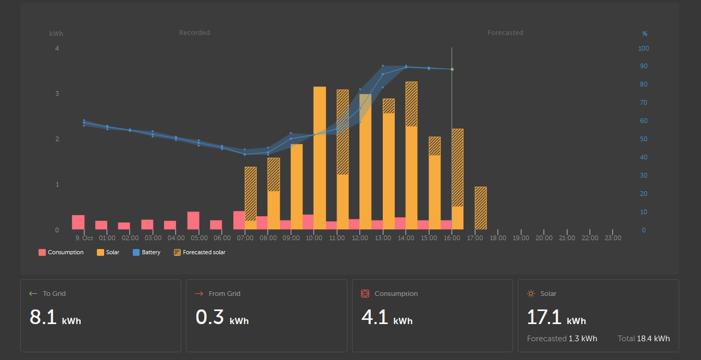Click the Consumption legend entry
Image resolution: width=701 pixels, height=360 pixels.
[x=61, y=252]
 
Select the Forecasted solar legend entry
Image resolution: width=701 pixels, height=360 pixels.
[x=199, y=252]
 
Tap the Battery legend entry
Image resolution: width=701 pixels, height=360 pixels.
[x=146, y=252]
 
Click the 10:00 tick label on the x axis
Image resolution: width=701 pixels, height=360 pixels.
[x=314, y=238]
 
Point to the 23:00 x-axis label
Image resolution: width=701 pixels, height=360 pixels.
[x=613, y=238]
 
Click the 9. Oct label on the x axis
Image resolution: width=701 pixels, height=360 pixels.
[x=84, y=238]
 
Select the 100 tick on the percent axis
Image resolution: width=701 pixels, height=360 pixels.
[x=643, y=48]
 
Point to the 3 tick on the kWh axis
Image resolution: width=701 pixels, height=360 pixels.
[x=57, y=94]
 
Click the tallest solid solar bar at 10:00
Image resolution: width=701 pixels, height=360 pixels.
[x=320, y=158]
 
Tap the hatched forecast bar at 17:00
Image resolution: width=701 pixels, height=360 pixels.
[x=481, y=208]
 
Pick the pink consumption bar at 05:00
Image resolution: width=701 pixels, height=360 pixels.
[x=193, y=220]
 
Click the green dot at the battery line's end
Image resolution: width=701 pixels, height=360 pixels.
[x=452, y=69]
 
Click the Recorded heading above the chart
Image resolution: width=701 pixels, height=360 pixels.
[x=194, y=32]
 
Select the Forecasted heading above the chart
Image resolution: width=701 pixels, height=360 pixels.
[x=505, y=32]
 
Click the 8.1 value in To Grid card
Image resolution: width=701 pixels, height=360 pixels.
[x=43, y=317]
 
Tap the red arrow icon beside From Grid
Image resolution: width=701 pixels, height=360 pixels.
[x=199, y=294]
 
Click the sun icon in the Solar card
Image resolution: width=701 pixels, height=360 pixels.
[x=531, y=294]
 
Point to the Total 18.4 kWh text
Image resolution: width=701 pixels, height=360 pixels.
[x=644, y=339]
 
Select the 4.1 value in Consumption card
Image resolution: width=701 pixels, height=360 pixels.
[x=374, y=317]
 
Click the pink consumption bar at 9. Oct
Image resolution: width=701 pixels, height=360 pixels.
[x=78, y=222]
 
